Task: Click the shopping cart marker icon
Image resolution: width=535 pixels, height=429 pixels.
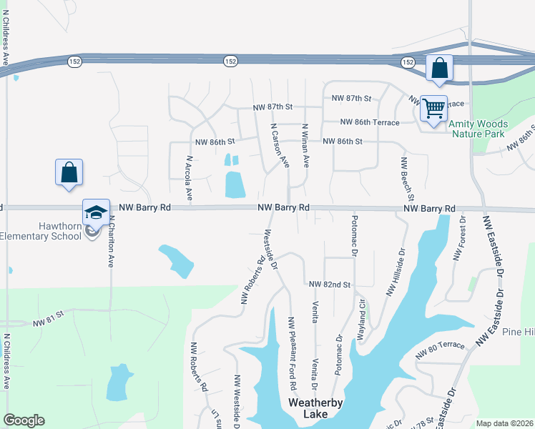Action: (433, 109)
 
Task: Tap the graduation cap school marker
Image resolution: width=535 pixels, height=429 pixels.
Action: (97, 212)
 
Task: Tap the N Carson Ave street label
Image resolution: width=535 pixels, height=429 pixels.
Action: (279, 145)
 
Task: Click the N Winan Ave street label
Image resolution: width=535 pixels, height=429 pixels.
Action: (305, 146)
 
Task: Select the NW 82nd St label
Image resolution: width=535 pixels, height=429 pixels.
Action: (330, 285)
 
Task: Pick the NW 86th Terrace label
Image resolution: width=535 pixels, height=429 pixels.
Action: (370, 122)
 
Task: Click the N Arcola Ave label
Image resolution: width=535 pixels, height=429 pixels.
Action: (190, 177)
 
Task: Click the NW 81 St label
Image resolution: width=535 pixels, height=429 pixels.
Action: (49, 318)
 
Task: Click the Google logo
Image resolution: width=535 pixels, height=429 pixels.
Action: (24, 420)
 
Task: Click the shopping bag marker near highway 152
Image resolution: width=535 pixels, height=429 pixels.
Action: (439, 69)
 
